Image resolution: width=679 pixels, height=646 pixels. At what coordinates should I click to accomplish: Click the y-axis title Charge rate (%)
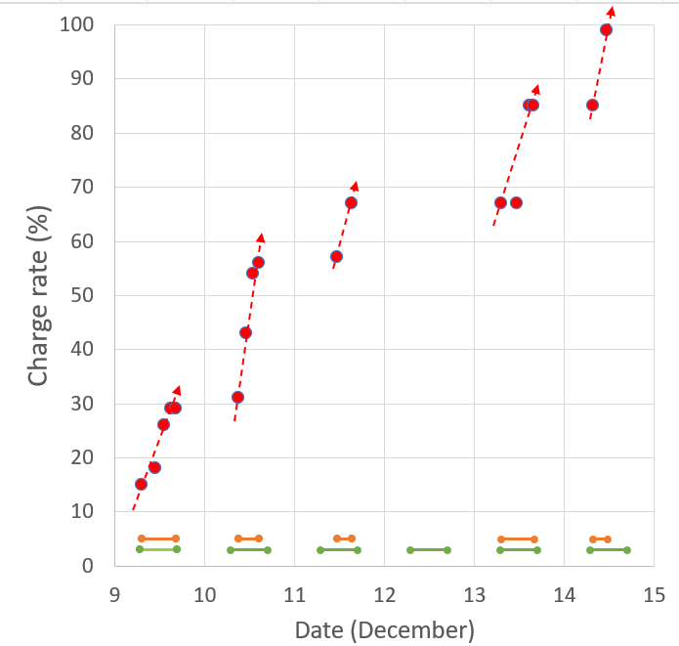tap(39, 295)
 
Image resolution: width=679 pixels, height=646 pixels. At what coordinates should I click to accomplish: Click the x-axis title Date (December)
tap(384, 630)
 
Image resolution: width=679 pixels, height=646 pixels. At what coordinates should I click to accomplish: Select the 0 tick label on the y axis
tap(87, 566)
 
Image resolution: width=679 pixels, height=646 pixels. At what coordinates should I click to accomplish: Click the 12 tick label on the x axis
tap(384, 592)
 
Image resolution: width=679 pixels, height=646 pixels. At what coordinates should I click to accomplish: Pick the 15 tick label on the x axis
tap(654, 592)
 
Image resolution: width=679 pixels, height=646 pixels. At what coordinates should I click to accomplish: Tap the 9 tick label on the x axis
tap(114, 592)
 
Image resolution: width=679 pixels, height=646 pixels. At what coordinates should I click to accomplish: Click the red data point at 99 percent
tap(606, 29)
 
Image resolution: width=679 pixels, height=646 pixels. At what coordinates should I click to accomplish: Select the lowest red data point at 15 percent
tap(141, 484)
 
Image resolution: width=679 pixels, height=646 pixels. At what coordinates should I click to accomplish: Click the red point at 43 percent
tap(245, 332)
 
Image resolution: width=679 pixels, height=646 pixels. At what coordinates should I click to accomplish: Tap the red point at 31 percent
tap(237, 397)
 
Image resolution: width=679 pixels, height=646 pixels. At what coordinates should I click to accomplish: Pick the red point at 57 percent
tap(336, 256)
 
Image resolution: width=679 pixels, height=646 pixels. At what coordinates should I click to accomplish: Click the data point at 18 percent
tap(154, 467)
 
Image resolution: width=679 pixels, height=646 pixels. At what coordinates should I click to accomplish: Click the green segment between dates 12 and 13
tap(429, 550)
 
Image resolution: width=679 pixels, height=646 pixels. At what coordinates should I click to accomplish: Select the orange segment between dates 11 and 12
tap(344, 538)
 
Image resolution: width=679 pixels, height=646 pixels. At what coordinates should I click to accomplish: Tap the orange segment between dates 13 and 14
tap(517, 539)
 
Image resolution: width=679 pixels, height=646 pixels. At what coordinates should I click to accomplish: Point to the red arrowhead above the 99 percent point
tap(612, 12)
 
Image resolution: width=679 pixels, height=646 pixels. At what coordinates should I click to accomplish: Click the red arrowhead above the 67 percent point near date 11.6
tap(355, 185)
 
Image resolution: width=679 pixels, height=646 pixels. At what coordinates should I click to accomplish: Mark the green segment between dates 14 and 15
tap(608, 550)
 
